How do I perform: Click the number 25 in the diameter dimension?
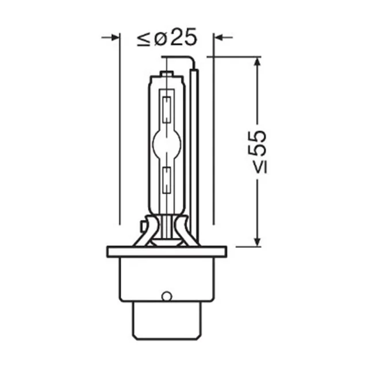pos(183,37)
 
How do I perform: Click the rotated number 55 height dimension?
pos(258,143)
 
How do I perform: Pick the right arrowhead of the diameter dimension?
pos(218,37)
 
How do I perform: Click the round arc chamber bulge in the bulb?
pos(167,143)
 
